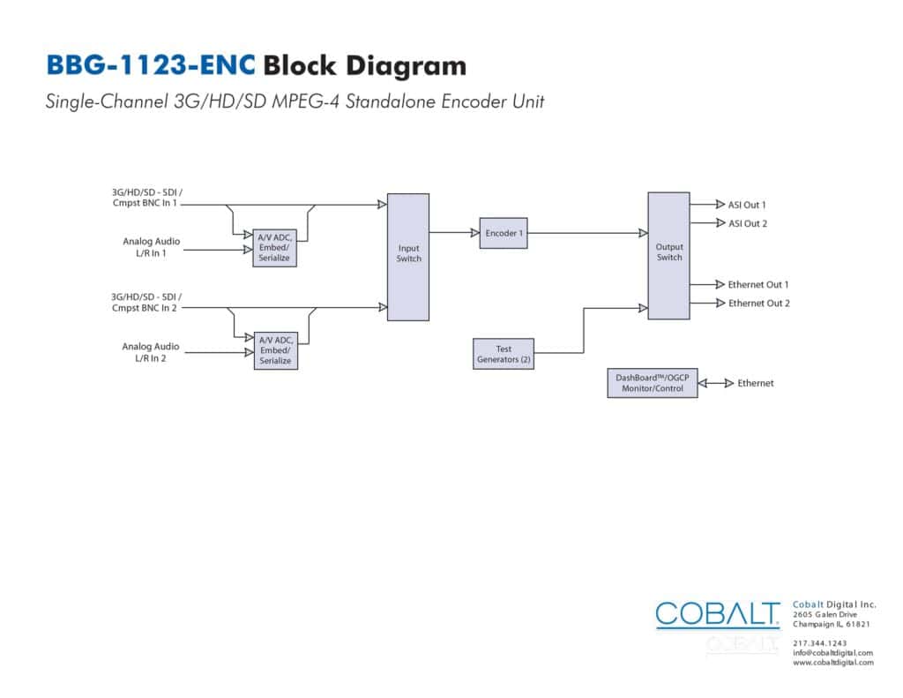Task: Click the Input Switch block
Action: tap(407, 257)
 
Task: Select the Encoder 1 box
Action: tap(504, 233)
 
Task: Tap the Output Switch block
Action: tap(668, 256)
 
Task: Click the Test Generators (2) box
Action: tap(504, 353)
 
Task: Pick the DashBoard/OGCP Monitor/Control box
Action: tap(653, 383)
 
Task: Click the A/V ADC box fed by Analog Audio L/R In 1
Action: tap(275, 248)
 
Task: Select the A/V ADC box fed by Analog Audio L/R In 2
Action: tap(276, 350)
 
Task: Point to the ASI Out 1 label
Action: tap(747, 205)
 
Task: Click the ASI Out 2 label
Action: tap(748, 223)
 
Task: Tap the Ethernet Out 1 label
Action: tap(757, 285)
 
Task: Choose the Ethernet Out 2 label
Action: tap(759, 304)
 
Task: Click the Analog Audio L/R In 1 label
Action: tap(151, 247)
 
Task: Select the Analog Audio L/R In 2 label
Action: tap(150, 352)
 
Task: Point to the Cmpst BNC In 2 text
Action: tap(145, 308)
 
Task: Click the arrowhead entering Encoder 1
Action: tap(475, 233)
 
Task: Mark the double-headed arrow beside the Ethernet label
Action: tap(716, 383)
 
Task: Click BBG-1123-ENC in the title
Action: tap(150, 64)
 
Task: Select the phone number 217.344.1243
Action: tap(819, 643)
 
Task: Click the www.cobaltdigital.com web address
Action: tap(832, 663)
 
